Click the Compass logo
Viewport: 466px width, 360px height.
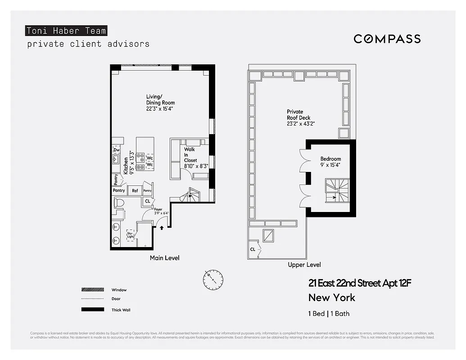[387, 39]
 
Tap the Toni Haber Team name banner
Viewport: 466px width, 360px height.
[66, 31]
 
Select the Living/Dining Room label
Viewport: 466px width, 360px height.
[160, 103]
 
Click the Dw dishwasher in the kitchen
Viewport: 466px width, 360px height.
[117, 150]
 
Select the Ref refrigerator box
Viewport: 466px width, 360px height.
[135, 191]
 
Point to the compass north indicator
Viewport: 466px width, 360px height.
[213, 280]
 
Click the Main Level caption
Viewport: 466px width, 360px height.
[164, 258]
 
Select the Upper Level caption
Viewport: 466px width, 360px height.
[304, 265]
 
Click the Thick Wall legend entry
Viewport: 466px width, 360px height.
[121, 310]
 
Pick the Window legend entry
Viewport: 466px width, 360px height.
[119, 290]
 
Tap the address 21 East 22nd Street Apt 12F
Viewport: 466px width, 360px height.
[360, 283]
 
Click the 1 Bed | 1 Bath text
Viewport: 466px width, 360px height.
[329, 314]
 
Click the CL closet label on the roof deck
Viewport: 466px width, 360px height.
[253, 249]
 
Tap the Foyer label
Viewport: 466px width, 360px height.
[158, 209]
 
